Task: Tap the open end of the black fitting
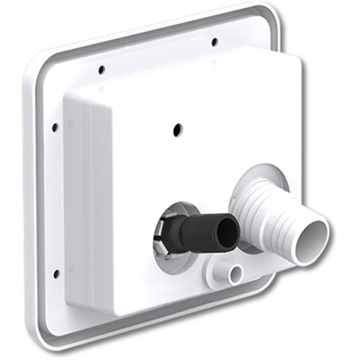(228, 232)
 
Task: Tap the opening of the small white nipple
(234, 273)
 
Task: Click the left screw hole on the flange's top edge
(102, 70)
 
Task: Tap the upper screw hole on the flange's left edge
(54, 127)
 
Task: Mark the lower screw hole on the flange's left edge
(56, 273)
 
